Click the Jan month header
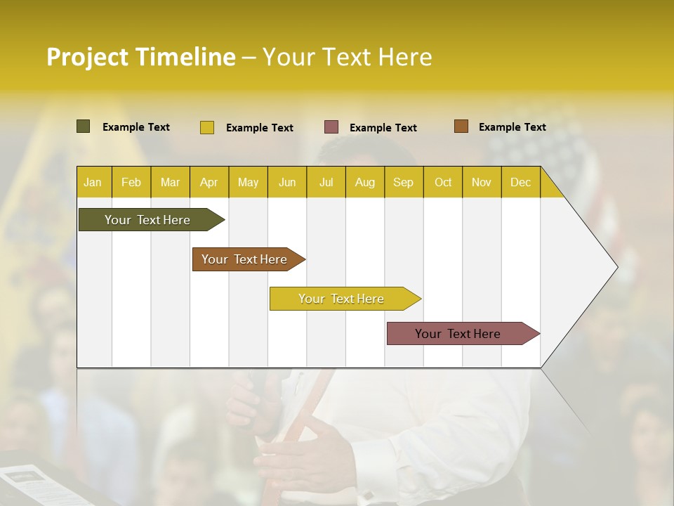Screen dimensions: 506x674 coord(93,182)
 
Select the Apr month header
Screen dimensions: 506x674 coord(209,182)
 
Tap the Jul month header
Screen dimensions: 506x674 coord(326,182)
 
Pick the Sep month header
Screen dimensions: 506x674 coord(403,182)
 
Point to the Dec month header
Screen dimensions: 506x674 coord(520,182)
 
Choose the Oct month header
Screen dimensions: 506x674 coord(442,182)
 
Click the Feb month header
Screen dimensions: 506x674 coord(131,182)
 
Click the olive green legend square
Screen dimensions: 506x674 coord(83,126)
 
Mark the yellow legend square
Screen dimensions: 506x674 coord(207,127)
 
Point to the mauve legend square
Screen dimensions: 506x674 coord(331,127)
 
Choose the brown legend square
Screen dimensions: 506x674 coord(461,126)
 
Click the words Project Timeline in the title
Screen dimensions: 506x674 coord(140,57)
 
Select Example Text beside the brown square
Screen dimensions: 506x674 coord(512,127)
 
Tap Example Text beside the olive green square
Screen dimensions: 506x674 coord(136,127)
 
